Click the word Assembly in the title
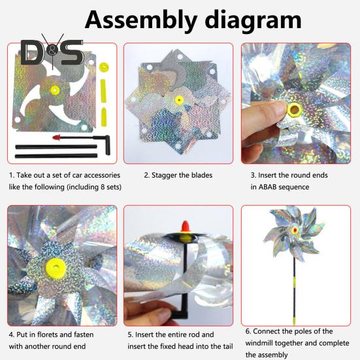point(141,21)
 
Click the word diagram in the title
point(253,20)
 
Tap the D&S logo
point(52,52)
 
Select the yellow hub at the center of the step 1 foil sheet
point(55,90)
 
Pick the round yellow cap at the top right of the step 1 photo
point(104,67)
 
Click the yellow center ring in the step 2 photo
point(179,100)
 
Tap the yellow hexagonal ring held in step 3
point(293,110)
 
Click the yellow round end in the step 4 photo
point(56,268)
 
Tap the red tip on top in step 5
point(186,226)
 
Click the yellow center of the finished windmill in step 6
point(295,230)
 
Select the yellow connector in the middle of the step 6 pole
point(294,282)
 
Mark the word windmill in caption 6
point(259,343)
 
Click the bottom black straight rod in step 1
point(56,156)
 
